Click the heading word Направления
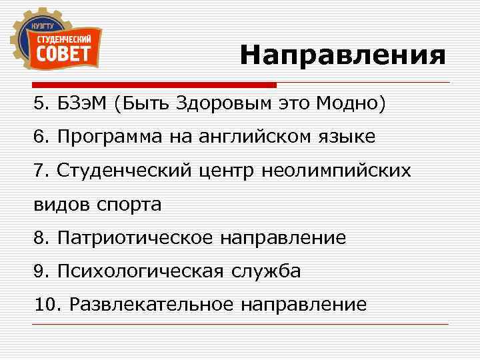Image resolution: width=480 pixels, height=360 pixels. coord(343,55)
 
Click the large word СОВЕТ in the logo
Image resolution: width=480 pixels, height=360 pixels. coord(63,52)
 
